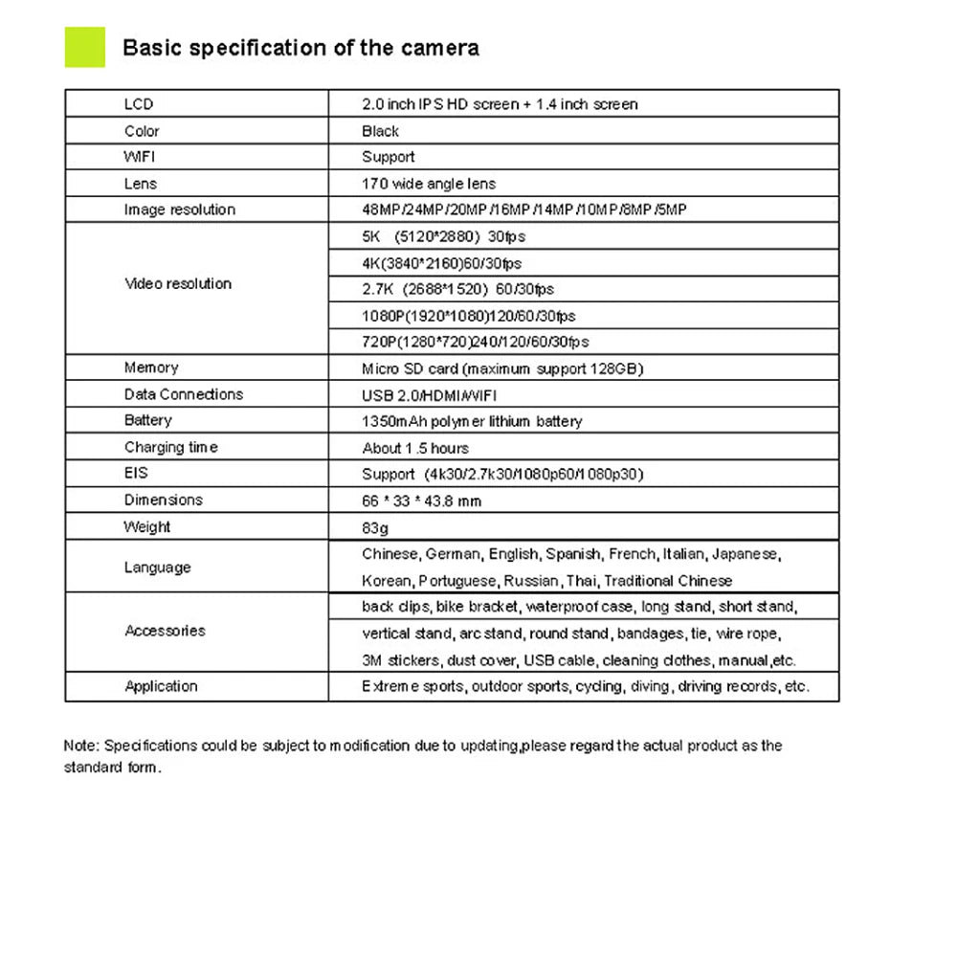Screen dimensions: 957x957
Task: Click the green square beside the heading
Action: [x=84, y=47]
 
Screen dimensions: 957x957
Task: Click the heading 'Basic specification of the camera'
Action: [x=300, y=48]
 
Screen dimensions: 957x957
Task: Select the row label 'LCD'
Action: [x=139, y=104]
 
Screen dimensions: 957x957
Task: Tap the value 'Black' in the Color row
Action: [x=380, y=131]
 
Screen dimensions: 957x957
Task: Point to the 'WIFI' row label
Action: [x=140, y=157]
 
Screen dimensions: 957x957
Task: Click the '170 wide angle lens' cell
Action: [x=429, y=184]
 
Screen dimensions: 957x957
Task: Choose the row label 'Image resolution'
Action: [x=179, y=210]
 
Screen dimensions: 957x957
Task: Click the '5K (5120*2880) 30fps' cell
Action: [x=443, y=236]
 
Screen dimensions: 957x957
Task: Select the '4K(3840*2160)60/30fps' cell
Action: [x=441, y=263]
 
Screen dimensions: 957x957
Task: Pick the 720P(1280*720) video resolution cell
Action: [x=475, y=342]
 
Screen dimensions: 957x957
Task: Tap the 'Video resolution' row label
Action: [x=178, y=283]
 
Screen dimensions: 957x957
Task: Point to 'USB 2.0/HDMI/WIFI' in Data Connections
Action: [x=429, y=395]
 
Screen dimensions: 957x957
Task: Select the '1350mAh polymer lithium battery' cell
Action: [x=472, y=421]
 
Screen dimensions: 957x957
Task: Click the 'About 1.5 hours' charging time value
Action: [x=415, y=448]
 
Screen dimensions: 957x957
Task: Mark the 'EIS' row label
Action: [x=136, y=473]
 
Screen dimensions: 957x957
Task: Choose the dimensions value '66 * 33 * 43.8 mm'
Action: [x=421, y=501]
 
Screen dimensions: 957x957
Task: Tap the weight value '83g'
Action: [x=375, y=527]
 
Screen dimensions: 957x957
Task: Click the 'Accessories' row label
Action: [x=165, y=631]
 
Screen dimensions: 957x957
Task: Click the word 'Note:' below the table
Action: [x=81, y=746]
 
